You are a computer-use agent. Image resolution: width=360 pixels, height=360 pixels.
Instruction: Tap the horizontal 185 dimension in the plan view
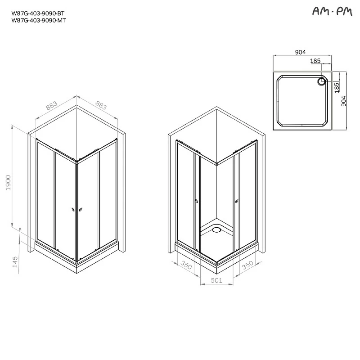coord(315,60)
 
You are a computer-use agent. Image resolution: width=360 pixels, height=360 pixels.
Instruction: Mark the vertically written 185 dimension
coord(336,87)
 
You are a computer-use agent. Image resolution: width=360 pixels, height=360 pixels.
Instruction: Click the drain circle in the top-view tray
coord(322,81)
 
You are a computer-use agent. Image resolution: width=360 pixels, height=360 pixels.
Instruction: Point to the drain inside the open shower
coord(216,230)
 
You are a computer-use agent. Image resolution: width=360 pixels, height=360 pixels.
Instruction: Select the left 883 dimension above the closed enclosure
coord(52,106)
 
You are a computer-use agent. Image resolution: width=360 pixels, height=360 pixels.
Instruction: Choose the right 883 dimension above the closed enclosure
coord(101,106)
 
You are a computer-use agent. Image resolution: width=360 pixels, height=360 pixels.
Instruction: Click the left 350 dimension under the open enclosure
coord(185,265)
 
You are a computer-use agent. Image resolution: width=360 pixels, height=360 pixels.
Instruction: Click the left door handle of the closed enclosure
coord(73,209)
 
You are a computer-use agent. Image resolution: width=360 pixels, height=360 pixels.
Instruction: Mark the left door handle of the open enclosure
coord(196,201)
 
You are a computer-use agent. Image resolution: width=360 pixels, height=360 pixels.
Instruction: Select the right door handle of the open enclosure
coord(235,201)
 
